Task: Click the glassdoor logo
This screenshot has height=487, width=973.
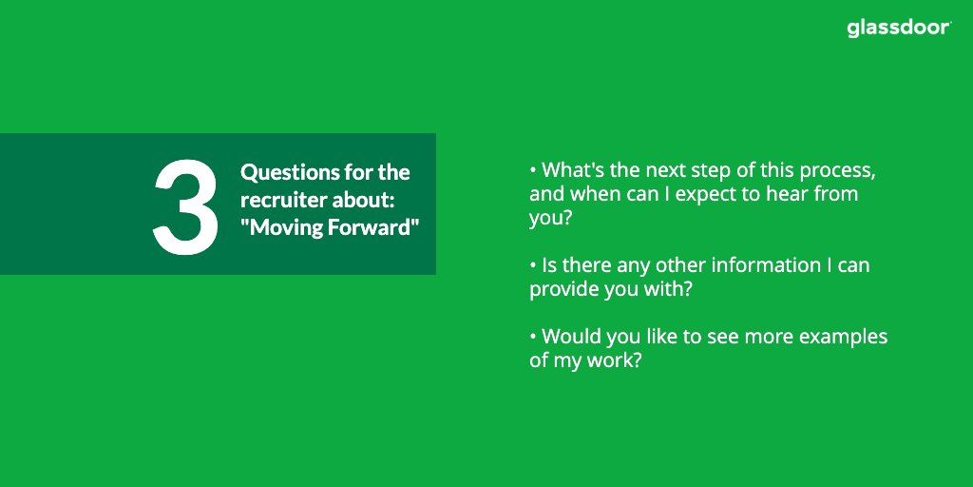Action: click(x=899, y=29)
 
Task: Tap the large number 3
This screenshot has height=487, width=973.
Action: click(x=185, y=206)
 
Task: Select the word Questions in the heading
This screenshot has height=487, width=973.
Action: click(x=283, y=173)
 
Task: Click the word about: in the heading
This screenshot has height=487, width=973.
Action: click(x=363, y=200)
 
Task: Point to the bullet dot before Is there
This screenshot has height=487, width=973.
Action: click(x=533, y=265)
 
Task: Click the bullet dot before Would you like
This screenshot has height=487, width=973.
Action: click(x=533, y=338)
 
